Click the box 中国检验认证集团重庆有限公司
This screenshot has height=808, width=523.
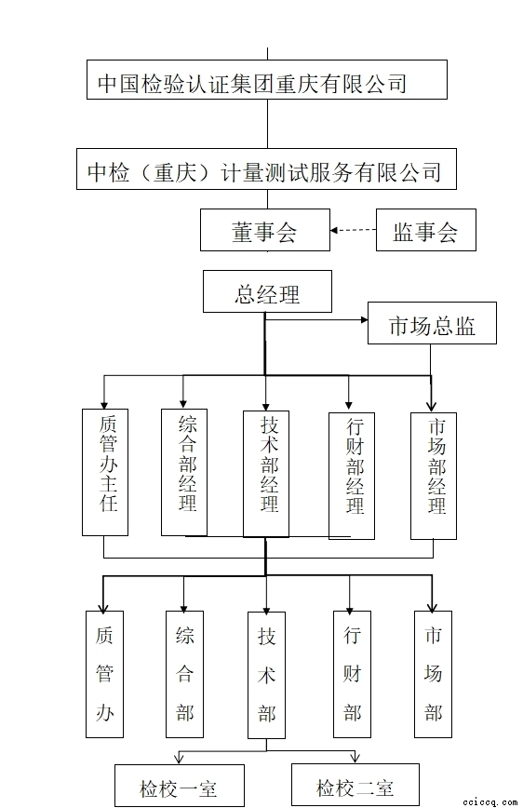coord(267,79)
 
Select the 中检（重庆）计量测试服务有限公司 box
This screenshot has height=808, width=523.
coord(266,169)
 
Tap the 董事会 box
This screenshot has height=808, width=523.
coord(265,230)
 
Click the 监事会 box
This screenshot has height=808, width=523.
coord(425,230)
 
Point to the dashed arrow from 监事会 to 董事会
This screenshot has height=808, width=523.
coord(353,230)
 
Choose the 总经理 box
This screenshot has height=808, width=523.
coord(267,291)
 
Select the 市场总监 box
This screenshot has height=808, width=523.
coord(432,323)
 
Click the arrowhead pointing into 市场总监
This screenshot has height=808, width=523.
coord(364,319)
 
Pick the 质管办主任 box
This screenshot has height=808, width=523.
coord(105,472)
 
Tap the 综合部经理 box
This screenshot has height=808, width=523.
coord(184,472)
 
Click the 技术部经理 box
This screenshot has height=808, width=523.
coord(266,474)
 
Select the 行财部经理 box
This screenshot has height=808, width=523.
coord(352,476)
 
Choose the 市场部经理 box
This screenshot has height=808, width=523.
coord(434,476)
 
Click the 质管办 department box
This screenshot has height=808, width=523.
coord(104,674)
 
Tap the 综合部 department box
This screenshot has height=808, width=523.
coord(184,674)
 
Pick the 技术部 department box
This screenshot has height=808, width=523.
coord(266,675)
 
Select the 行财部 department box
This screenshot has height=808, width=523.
coord(352,674)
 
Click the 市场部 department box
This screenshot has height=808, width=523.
coord(434,674)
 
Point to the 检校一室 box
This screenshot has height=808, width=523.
coord(180,786)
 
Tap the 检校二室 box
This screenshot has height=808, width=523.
coord(355,785)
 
